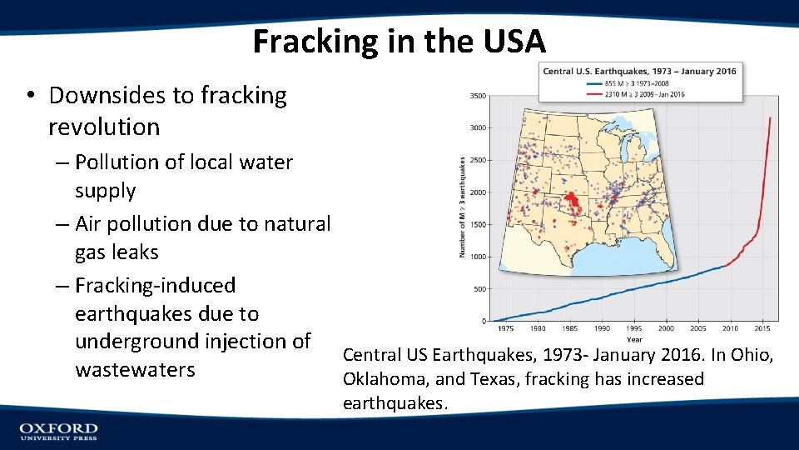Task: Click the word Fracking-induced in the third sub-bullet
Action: pos(155,286)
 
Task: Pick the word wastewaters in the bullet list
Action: pos(135,369)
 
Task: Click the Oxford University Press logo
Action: pos(58,431)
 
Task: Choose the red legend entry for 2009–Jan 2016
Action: pos(637,93)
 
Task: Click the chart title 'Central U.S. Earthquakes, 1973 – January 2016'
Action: pos(639,72)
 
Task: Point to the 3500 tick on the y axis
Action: pos(478,97)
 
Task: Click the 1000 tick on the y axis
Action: pos(478,257)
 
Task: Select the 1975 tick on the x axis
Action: pos(505,328)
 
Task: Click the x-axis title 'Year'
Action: pos(634,339)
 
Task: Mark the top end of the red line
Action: pos(770,117)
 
